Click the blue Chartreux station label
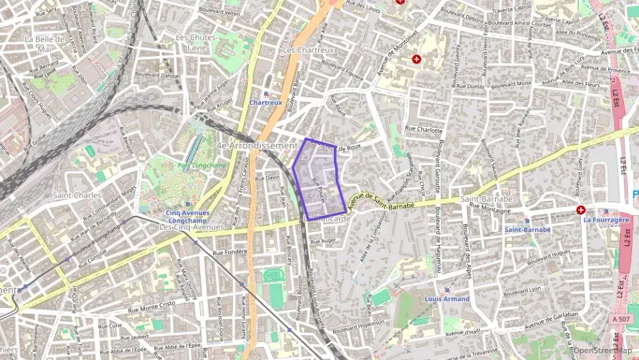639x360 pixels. (x=266, y=102)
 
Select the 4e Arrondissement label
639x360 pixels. (x=255, y=146)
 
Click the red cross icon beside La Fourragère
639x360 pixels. (x=580, y=210)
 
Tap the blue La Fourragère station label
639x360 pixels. (x=606, y=220)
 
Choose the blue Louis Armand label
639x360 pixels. (x=446, y=299)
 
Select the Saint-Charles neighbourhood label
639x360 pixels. (x=77, y=195)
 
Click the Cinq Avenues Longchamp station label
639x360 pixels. (x=188, y=217)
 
